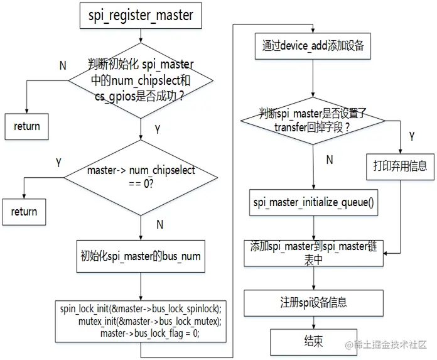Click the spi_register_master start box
(x=140, y=14)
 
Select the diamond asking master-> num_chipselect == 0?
(x=141, y=178)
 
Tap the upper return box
(x=26, y=126)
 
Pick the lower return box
(x=24, y=212)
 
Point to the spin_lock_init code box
(x=141, y=321)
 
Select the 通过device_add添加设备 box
(x=313, y=46)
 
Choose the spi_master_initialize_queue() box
(x=313, y=202)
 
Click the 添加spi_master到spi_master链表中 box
(x=313, y=253)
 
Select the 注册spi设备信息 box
(x=313, y=302)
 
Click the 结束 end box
(x=313, y=341)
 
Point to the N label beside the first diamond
(x=62, y=66)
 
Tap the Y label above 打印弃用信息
(x=411, y=136)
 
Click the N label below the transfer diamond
(x=328, y=160)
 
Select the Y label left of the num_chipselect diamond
(x=58, y=163)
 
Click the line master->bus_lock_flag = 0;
(x=149, y=333)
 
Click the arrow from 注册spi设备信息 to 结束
(x=313, y=322)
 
